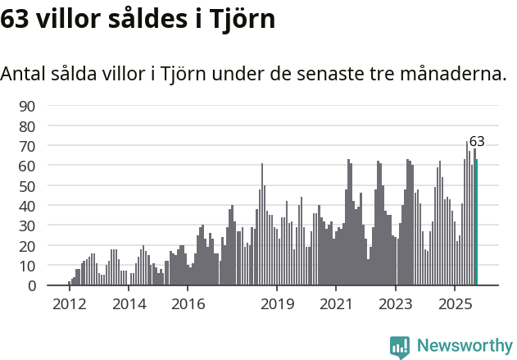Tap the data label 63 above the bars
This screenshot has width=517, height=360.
477,141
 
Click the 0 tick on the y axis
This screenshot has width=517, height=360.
31,286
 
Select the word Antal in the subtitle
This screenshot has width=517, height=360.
24,74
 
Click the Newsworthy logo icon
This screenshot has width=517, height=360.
400,346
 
